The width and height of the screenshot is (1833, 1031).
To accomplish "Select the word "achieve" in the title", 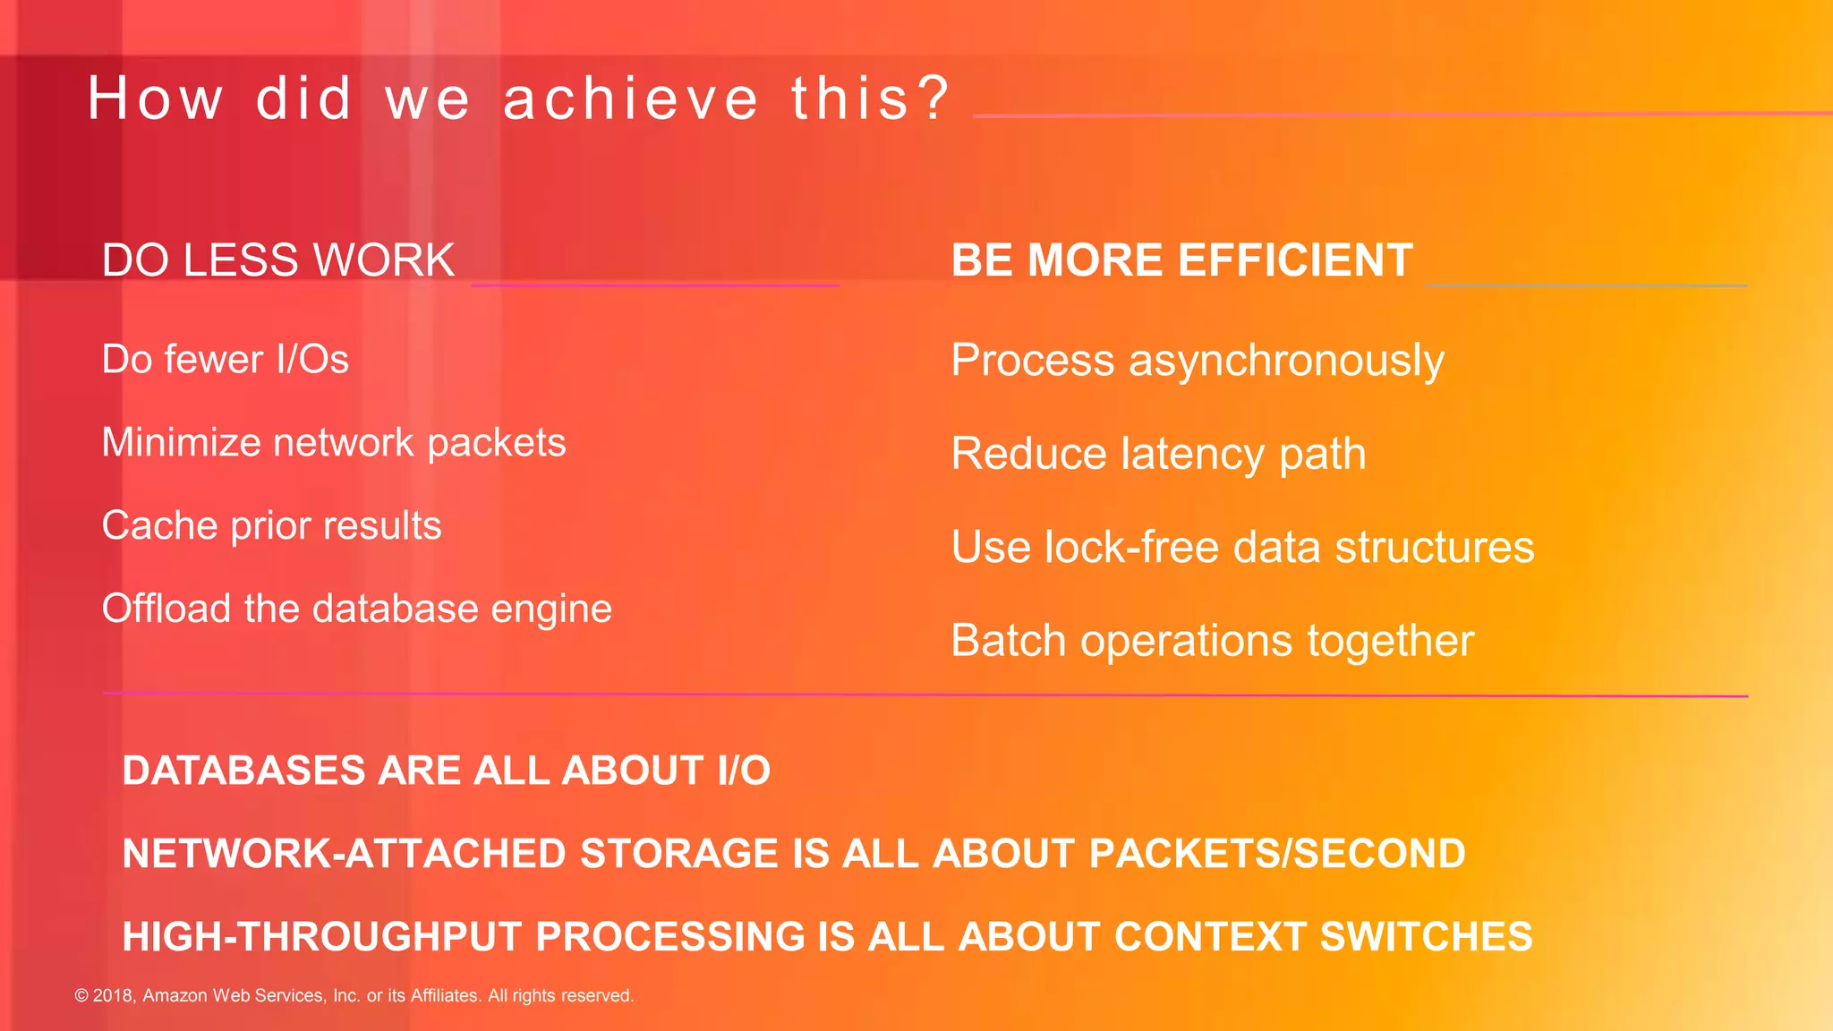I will [630, 98].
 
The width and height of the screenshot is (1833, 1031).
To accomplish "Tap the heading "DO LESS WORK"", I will [278, 260].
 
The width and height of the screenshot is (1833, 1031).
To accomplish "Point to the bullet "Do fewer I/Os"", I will [225, 360].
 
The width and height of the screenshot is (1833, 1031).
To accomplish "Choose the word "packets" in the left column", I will [497, 443].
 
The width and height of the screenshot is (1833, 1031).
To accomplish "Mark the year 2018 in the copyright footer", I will [114, 995].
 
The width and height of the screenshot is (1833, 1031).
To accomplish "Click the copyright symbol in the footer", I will [81, 995].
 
